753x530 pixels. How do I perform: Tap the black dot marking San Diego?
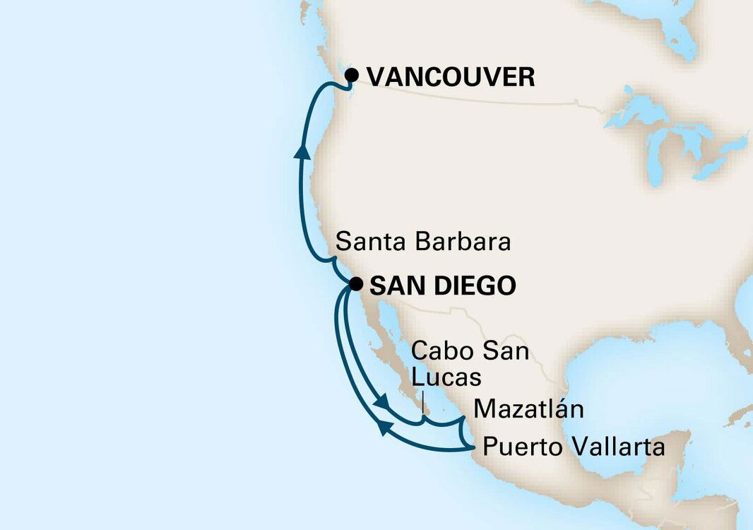pos(357,285)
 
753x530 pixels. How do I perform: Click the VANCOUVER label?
pos(451,77)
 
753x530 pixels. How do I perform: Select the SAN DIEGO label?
pos(442,286)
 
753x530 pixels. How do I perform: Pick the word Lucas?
pos(446,378)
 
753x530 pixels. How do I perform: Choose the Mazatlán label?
pos(528,408)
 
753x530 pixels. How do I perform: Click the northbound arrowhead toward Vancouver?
pos(302,151)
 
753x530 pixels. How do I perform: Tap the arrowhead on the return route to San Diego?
pos(382,426)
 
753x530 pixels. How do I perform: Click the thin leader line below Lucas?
pos(422,404)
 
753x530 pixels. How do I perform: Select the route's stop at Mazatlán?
pos(462,422)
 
